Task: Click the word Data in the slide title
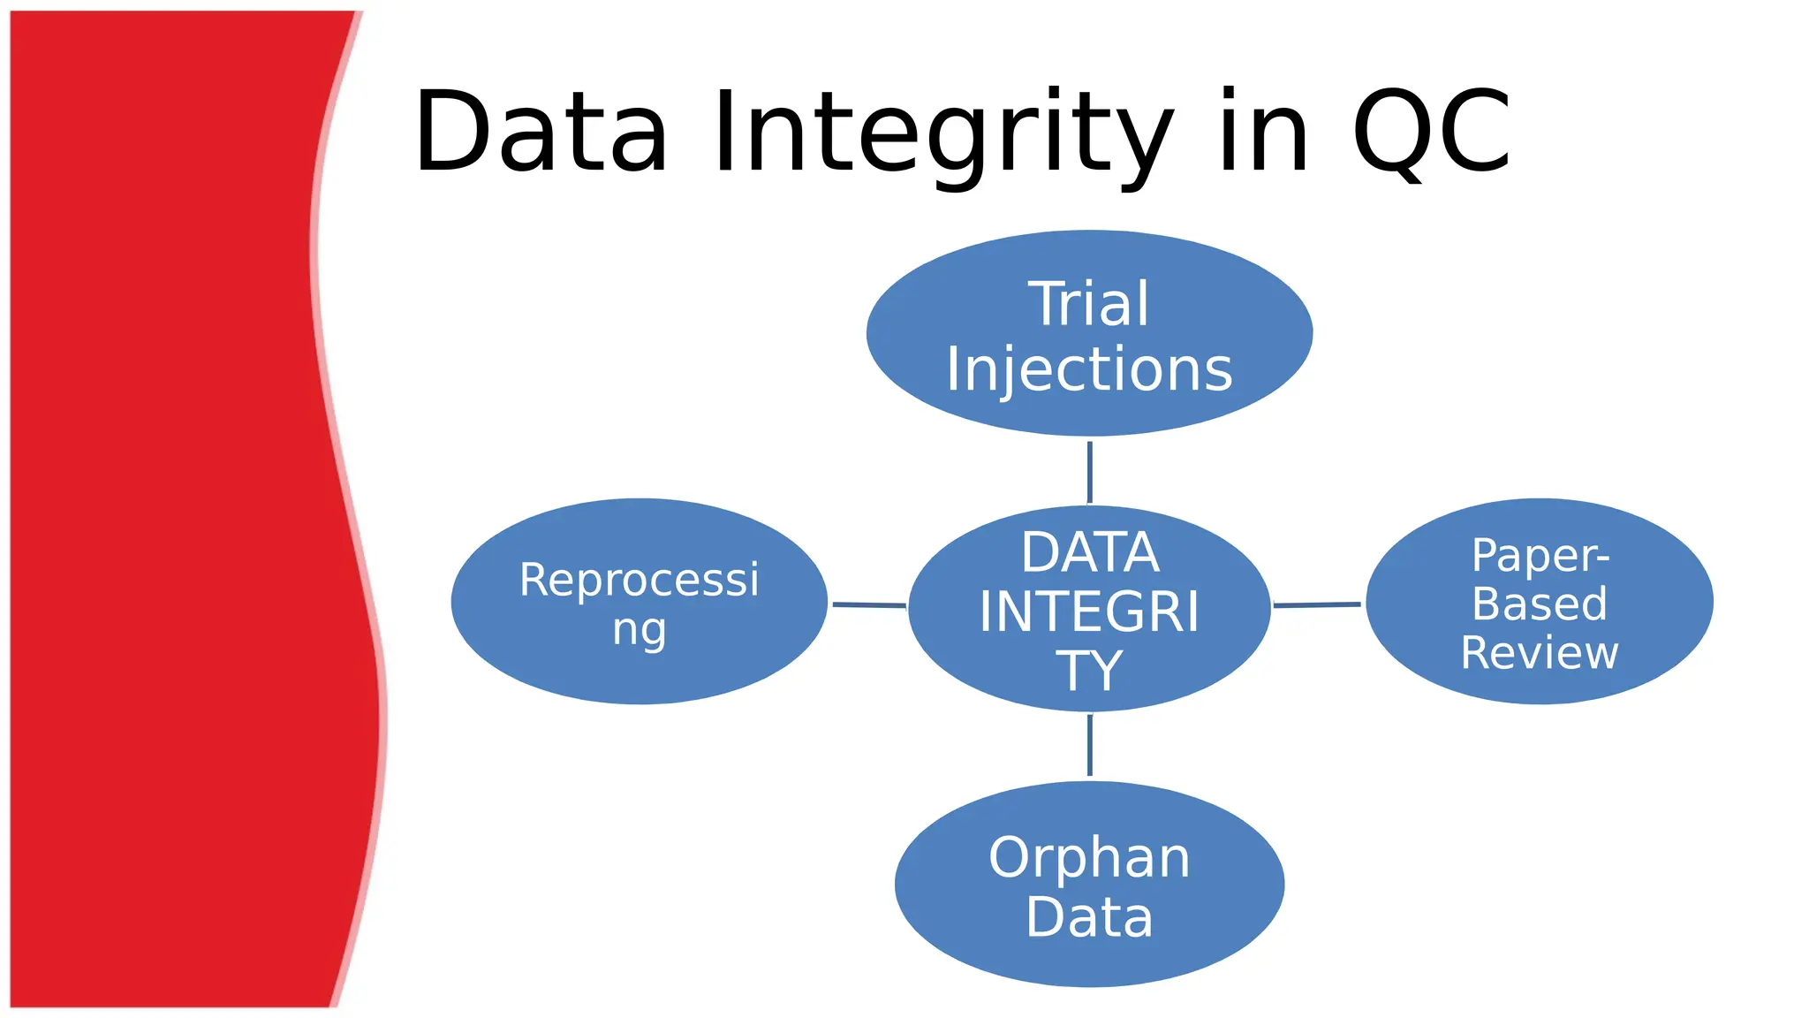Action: [x=541, y=133]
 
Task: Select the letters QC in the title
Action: [x=1431, y=133]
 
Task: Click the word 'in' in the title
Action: [x=1263, y=133]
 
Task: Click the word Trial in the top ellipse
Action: [x=1088, y=304]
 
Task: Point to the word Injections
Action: [x=1088, y=369]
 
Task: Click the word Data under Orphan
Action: [x=1089, y=917]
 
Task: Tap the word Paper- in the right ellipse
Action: [x=1540, y=557]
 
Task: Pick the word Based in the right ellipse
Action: [x=1540, y=604]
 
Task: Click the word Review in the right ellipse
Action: [x=1540, y=653]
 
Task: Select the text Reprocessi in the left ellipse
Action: [x=639, y=581]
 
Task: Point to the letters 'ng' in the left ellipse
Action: [x=639, y=631]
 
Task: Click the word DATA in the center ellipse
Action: [x=1089, y=553]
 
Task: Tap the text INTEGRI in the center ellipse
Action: [x=1089, y=612]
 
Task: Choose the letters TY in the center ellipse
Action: [x=1089, y=670]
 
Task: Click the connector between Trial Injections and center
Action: [x=1089, y=472]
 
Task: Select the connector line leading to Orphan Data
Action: [x=1089, y=745]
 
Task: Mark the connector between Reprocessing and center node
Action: [x=868, y=605]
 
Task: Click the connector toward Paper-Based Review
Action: [x=1317, y=605]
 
